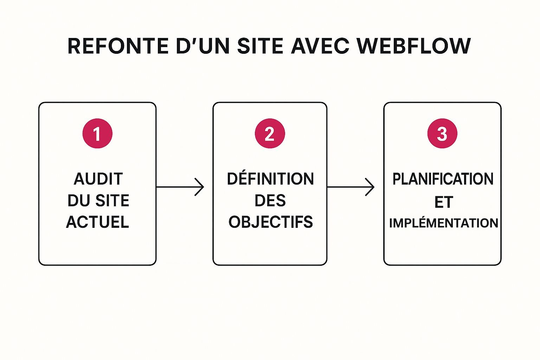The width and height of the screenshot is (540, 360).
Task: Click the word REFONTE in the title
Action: coord(118,46)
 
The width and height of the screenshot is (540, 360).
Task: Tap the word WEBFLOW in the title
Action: coord(413,46)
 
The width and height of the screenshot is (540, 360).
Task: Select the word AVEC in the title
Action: coord(320,46)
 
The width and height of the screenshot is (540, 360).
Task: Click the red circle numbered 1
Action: coord(97,134)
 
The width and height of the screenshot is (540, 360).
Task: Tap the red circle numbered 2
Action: coord(270,134)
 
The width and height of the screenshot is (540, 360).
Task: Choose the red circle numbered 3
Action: coord(442,134)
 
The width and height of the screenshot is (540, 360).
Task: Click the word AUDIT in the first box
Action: coord(98,179)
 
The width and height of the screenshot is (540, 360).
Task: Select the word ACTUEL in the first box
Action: coord(98,222)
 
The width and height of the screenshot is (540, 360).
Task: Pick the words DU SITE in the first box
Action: coord(98,200)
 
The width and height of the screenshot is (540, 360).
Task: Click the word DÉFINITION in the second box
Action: coord(270,179)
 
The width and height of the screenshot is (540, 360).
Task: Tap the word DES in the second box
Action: coord(270,200)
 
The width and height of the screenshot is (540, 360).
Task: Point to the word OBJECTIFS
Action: coord(270,222)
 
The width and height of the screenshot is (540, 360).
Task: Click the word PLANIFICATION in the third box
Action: coord(443,179)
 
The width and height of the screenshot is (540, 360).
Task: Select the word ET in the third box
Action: coord(443,202)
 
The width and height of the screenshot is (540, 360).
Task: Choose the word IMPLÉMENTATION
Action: coord(443,223)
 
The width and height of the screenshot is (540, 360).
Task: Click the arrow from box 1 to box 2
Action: coord(180,187)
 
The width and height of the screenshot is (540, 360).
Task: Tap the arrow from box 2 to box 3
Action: coord(351,187)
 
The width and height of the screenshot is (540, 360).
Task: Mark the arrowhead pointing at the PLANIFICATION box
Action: coord(371,187)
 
